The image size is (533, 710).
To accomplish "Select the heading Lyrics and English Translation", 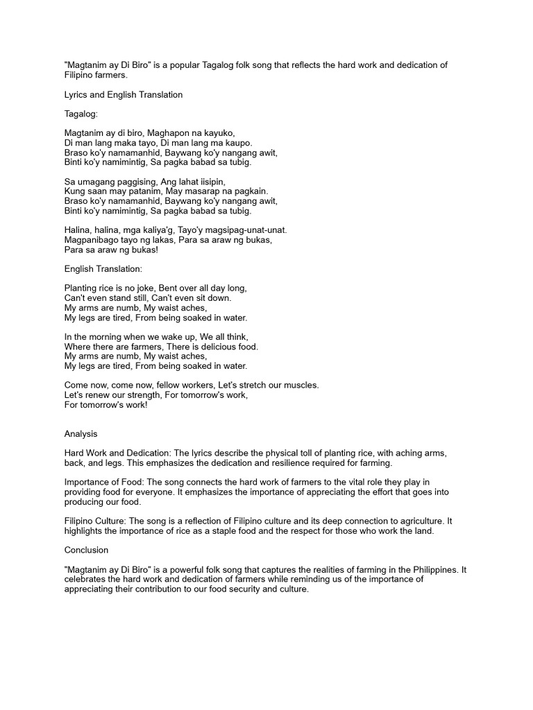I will [x=124, y=95].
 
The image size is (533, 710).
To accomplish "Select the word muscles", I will [x=303, y=385].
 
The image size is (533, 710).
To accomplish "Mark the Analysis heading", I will [x=81, y=434].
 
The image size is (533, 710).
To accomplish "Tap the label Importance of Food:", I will [x=103, y=482].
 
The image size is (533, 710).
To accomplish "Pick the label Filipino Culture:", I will [x=94, y=521].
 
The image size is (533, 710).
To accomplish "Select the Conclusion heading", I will [x=86, y=550].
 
